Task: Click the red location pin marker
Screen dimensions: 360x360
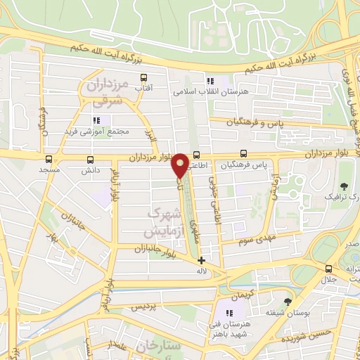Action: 180,165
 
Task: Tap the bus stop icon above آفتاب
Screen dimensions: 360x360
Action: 144,78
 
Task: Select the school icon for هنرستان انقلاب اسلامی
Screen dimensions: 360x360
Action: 210,80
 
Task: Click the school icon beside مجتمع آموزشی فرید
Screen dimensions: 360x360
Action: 96,120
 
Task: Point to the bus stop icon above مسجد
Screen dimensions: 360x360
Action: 49,159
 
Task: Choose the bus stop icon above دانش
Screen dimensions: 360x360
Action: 89,159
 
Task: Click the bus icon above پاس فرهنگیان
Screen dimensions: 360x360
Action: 243,153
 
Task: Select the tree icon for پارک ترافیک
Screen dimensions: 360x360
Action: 344,186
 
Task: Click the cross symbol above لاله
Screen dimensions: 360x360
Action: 202,260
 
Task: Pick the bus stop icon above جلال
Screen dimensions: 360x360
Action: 328,269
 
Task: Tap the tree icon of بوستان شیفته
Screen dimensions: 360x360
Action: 286,300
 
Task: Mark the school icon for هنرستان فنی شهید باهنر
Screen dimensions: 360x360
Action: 229,313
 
